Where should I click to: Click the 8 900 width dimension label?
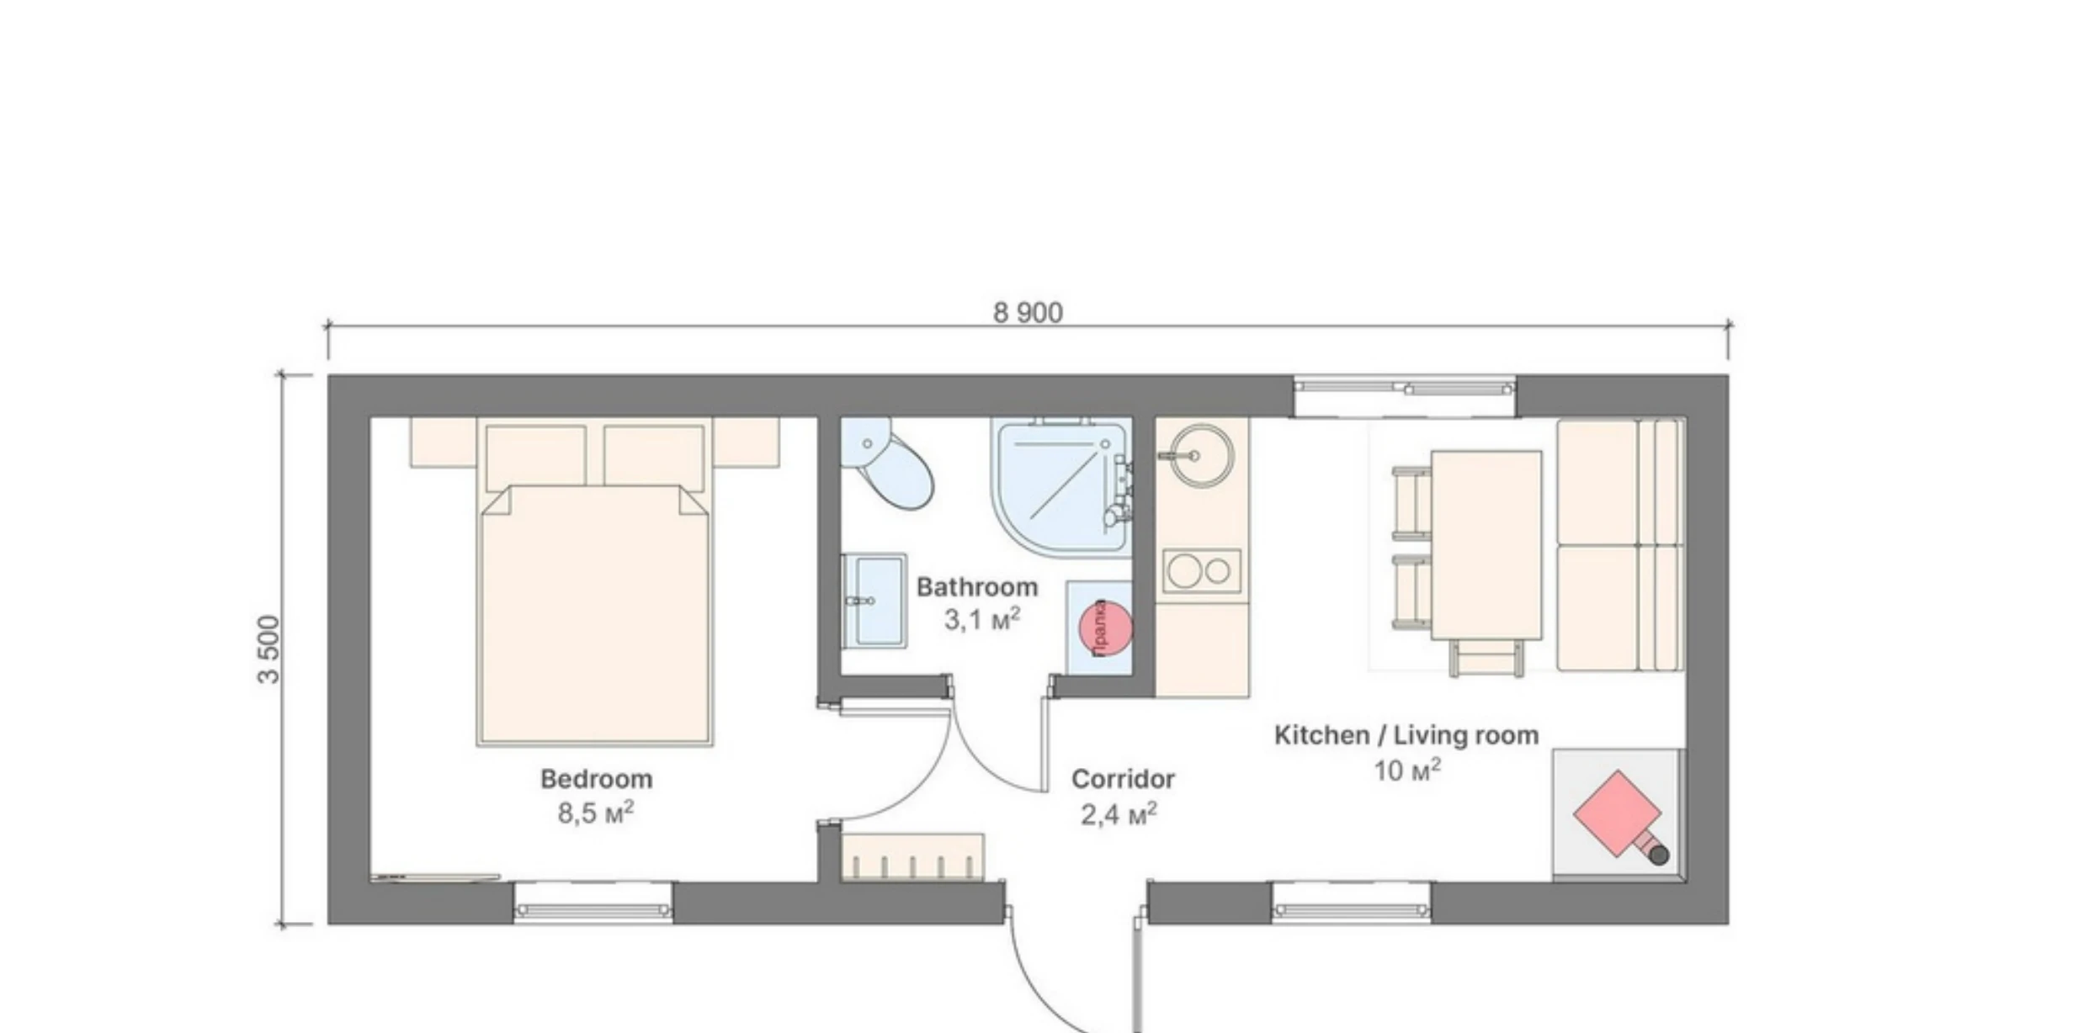(1028, 313)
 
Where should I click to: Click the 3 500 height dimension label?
(268, 649)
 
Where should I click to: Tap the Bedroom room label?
(596, 779)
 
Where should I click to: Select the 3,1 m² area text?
(981, 620)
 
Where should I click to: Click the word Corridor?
(1123, 779)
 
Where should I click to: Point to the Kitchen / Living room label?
(1406, 735)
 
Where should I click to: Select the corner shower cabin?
(1060, 486)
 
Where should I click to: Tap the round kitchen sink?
(1202, 455)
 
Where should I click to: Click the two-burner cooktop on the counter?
(1202, 571)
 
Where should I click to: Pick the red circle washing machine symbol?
(1105, 628)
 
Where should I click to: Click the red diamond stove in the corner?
(1617, 813)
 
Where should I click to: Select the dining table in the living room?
(1486, 544)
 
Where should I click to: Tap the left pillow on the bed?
(535, 456)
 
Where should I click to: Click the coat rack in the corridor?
(912, 857)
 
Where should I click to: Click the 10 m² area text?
(1406, 771)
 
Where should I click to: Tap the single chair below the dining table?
(1486, 657)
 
